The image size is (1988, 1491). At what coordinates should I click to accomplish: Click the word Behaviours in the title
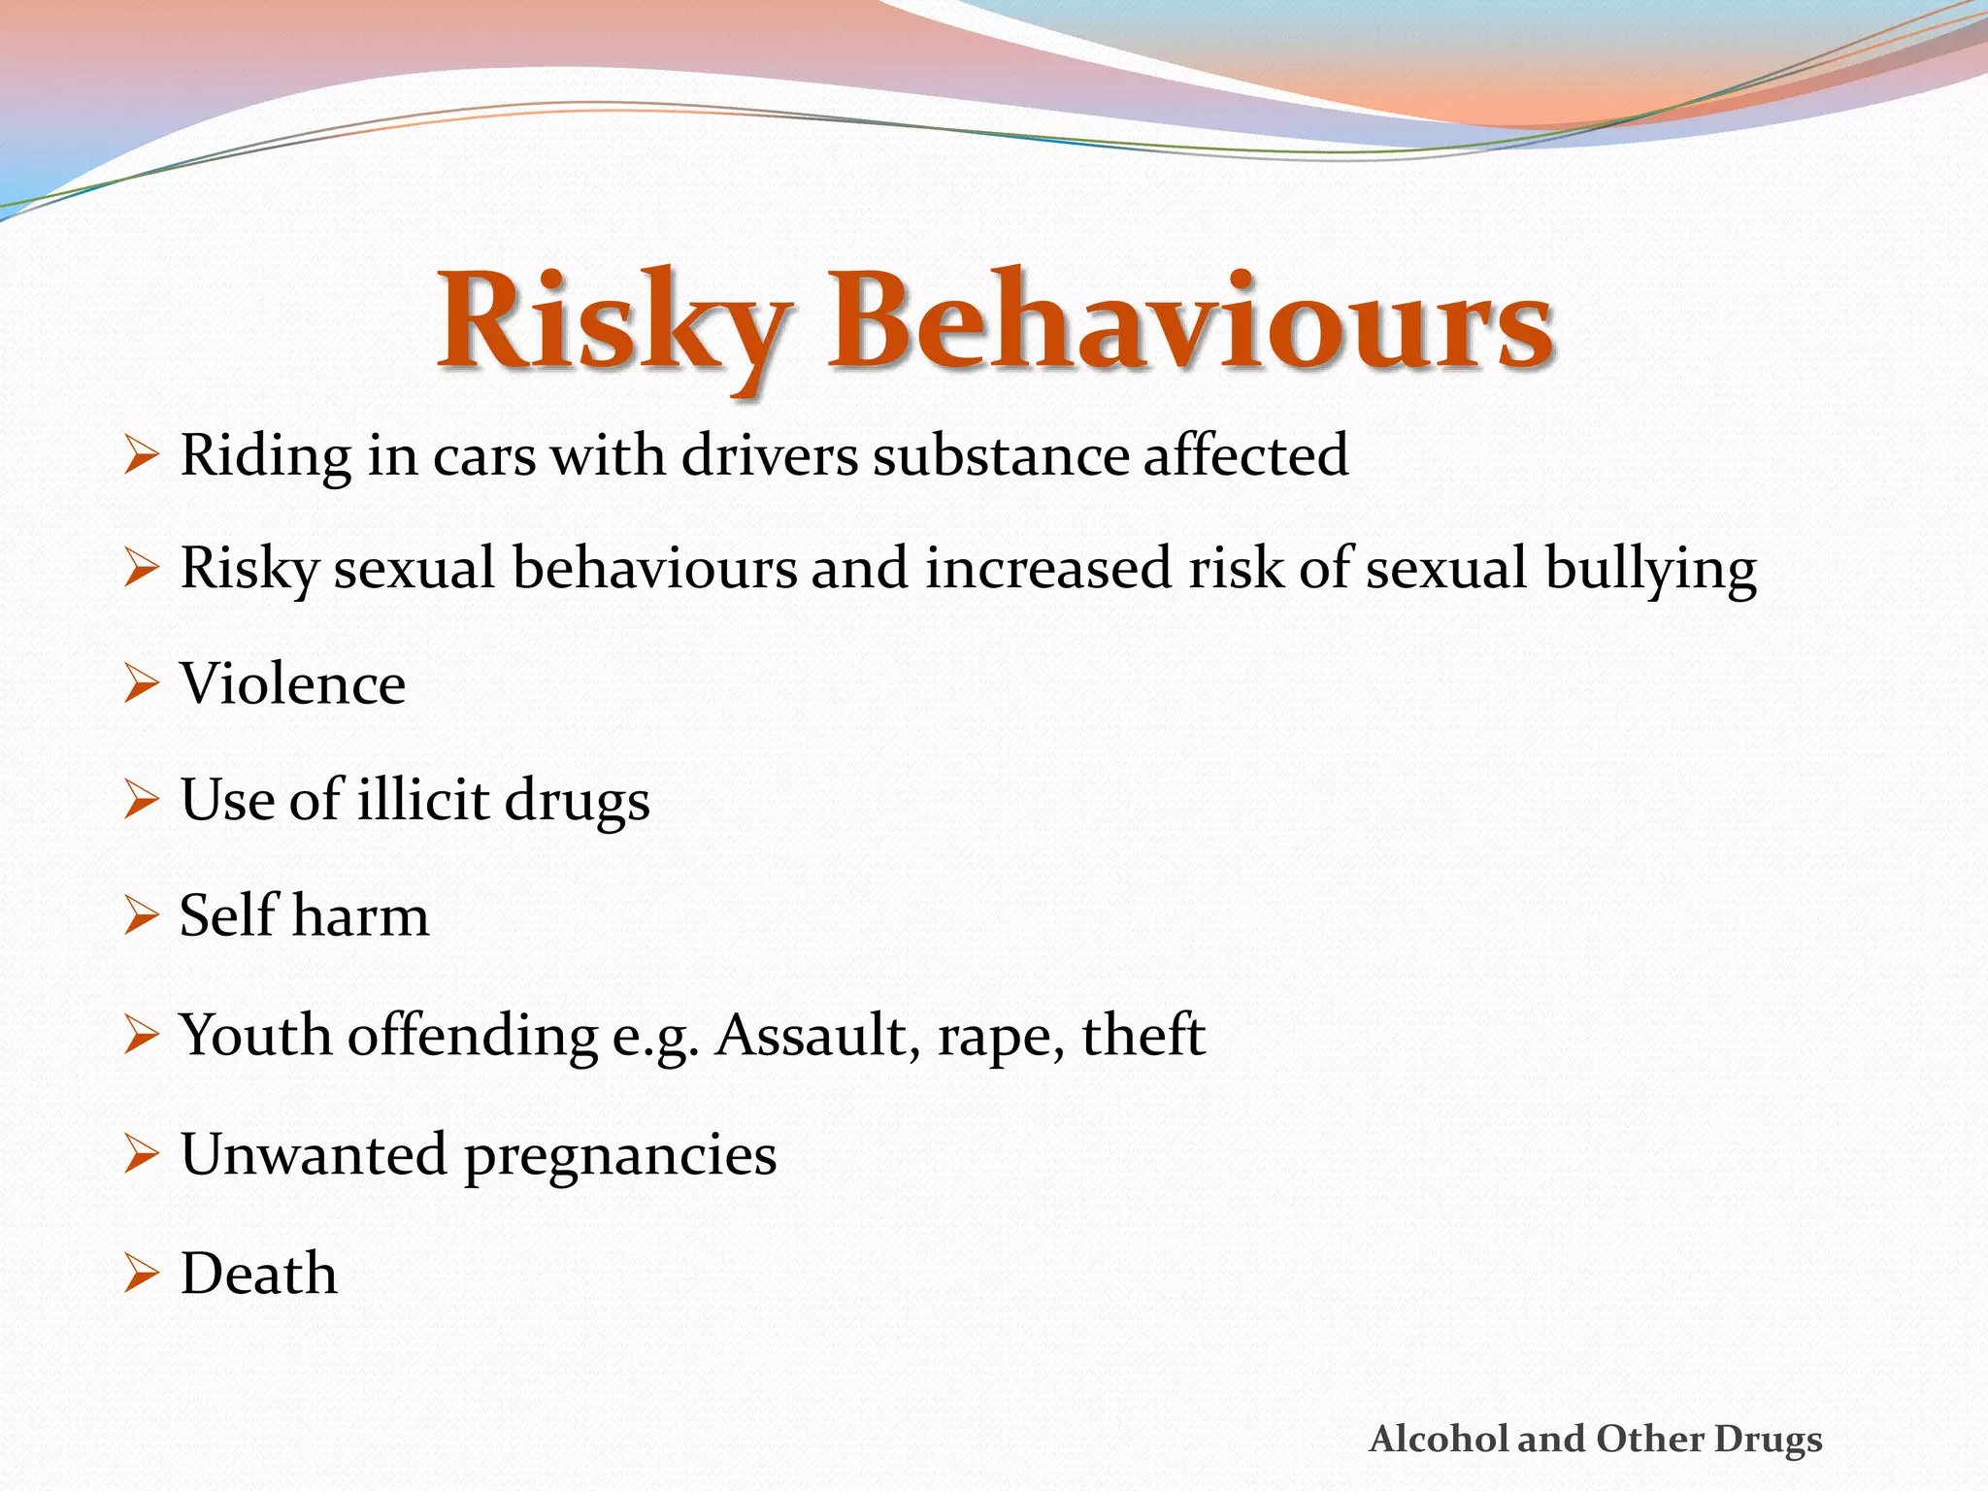(x=1190, y=322)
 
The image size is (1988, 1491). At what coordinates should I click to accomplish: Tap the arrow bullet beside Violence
(x=141, y=684)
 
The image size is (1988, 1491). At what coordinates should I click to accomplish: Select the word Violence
(x=293, y=684)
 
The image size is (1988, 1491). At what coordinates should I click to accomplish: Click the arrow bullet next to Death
(x=141, y=1274)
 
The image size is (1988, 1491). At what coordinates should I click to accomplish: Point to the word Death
(x=259, y=1274)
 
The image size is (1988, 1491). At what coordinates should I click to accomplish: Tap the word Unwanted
(x=314, y=1155)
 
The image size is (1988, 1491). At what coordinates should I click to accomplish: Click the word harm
(x=360, y=916)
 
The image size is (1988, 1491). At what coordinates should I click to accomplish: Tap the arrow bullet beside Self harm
(x=141, y=916)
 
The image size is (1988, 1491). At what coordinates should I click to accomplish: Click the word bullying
(x=1650, y=570)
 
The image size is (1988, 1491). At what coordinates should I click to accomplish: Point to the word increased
(x=1048, y=568)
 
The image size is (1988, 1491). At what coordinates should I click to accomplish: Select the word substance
(x=1000, y=455)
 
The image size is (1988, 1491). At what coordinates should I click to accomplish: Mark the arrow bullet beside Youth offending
(x=141, y=1036)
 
